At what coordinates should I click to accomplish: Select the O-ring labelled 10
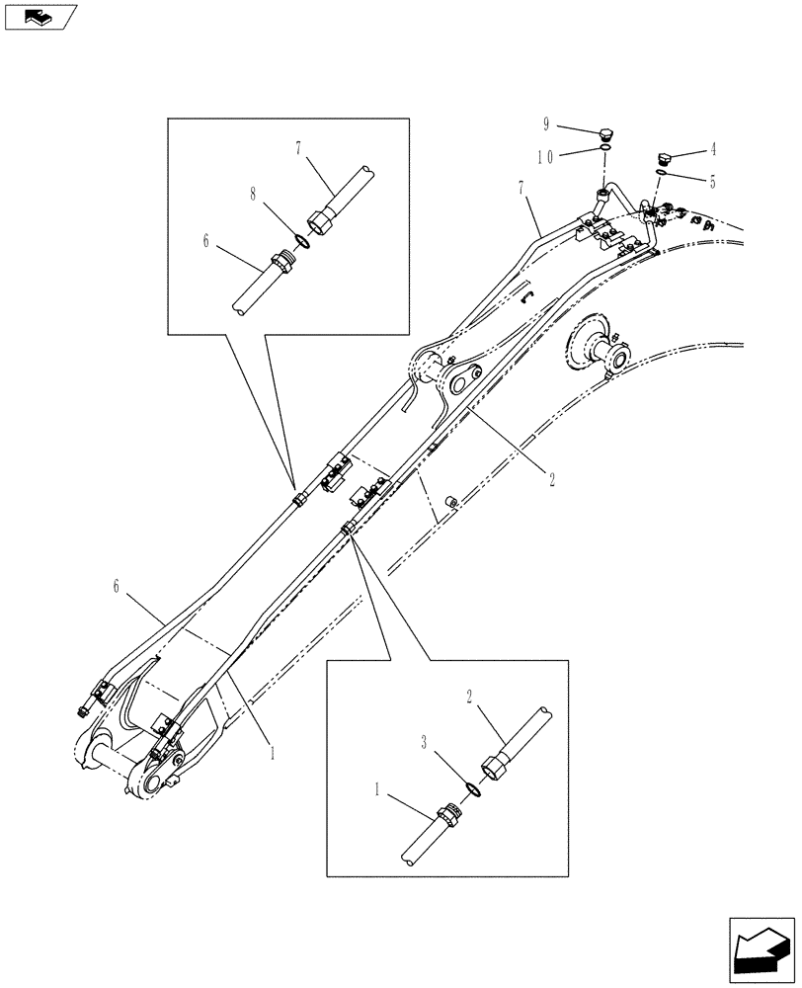[603, 150]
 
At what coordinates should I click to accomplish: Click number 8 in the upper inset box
[254, 196]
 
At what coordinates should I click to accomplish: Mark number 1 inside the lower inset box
[377, 791]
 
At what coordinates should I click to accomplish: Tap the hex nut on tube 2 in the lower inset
[496, 766]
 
